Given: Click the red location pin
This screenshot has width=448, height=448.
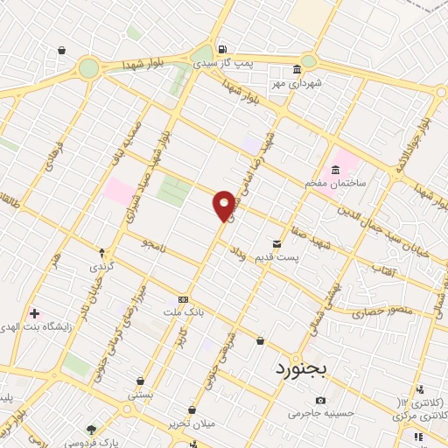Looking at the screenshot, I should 224,205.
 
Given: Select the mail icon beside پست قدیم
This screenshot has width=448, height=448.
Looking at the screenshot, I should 276,243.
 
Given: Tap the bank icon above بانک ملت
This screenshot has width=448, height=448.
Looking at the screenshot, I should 182,297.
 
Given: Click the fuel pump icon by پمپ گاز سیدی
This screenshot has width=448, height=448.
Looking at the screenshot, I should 222,49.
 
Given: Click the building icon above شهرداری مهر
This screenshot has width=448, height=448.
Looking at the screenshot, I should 297,69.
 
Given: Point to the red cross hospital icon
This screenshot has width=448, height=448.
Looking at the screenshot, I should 34,313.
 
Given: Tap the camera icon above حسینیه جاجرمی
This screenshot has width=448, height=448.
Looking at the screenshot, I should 320,400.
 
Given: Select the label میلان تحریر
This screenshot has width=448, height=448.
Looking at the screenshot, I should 192,423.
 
